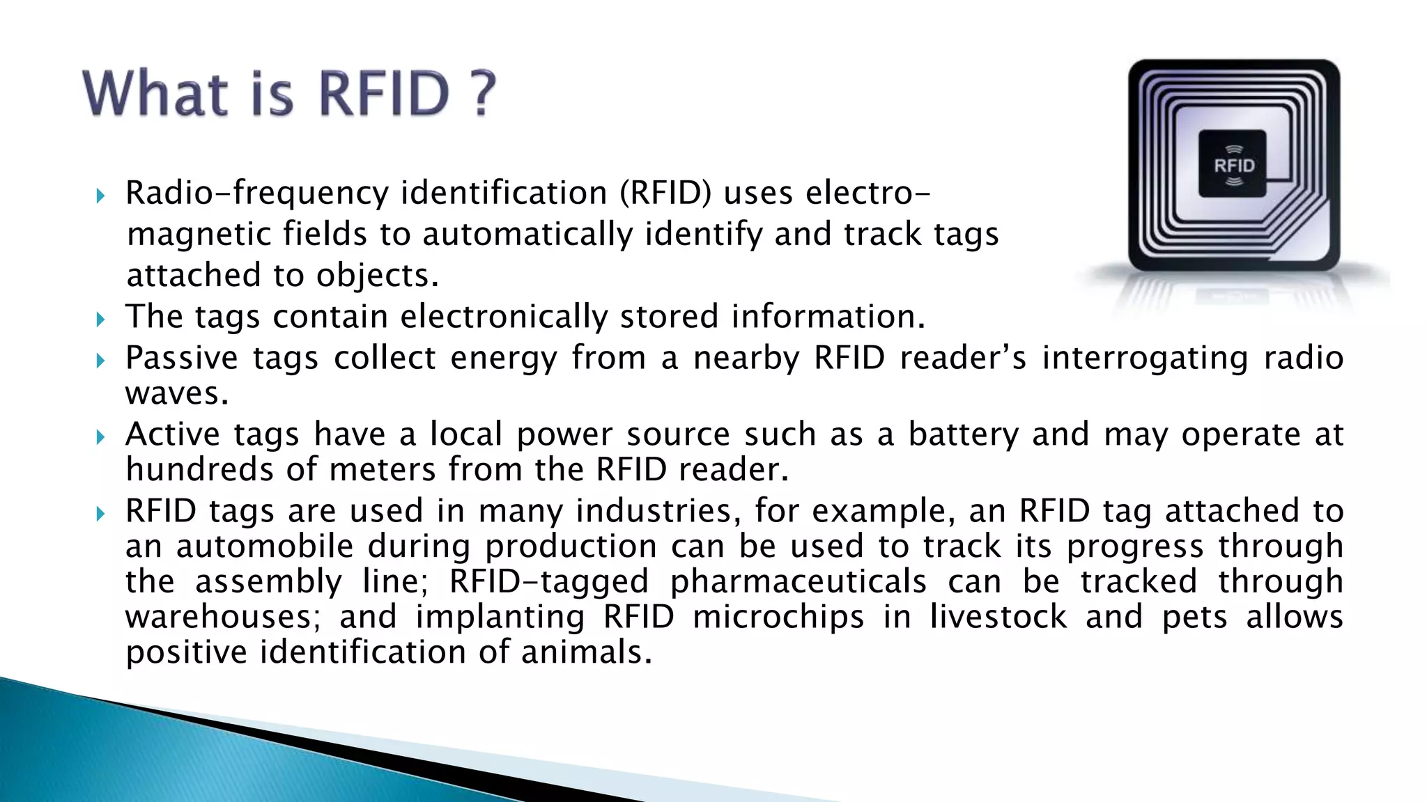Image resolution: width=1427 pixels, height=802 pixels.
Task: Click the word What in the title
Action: tap(155, 93)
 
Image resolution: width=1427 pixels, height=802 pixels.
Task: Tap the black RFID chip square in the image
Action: tap(1232, 164)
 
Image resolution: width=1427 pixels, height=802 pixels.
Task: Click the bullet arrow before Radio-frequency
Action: tap(100, 196)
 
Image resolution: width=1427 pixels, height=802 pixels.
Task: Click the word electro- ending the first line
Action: tap(867, 194)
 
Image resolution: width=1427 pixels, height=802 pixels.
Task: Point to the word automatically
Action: tap(527, 235)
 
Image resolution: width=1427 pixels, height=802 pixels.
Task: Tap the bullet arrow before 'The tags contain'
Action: tap(100, 320)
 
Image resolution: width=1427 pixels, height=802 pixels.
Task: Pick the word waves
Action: tap(177, 394)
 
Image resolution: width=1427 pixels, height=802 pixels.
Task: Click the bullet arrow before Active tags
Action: tap(100, 437)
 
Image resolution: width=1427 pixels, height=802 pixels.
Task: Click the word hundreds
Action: tap(199, 470)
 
